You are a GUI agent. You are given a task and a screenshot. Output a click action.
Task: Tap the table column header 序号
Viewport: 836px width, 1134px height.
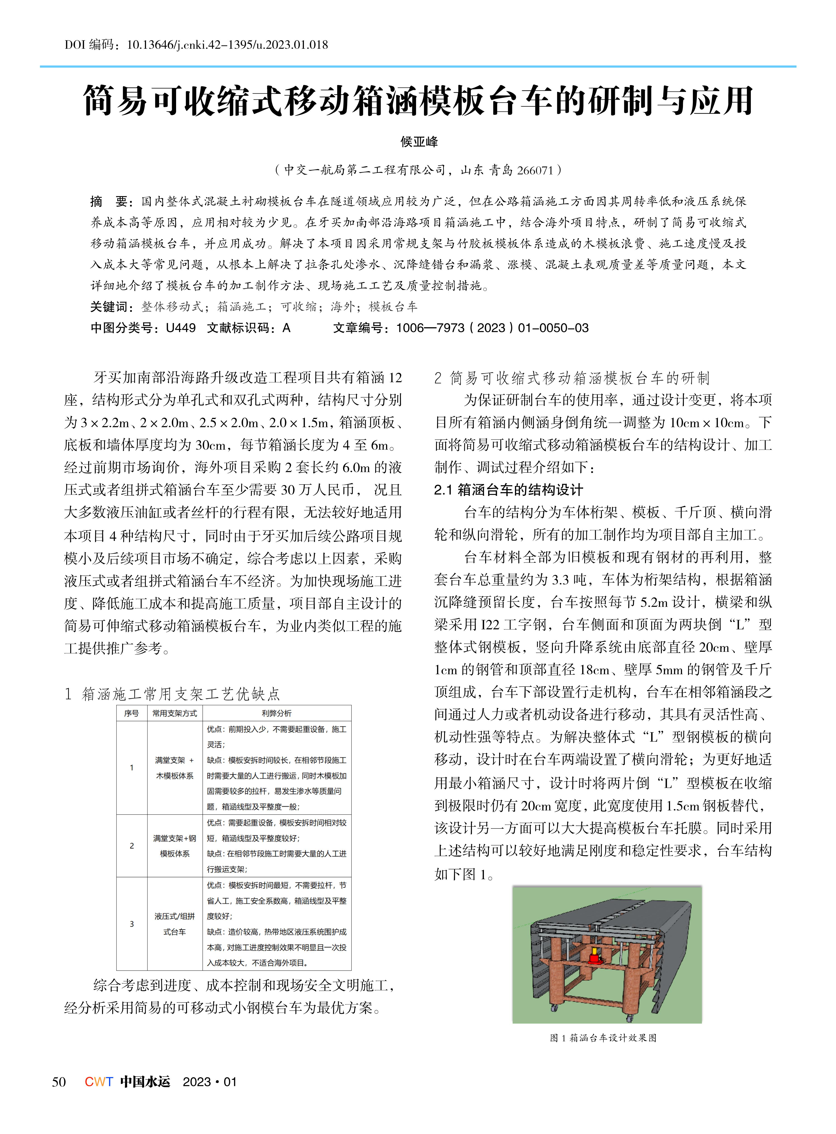coord(132,713)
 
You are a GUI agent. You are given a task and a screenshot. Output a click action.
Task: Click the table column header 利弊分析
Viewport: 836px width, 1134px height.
coord(276,713)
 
